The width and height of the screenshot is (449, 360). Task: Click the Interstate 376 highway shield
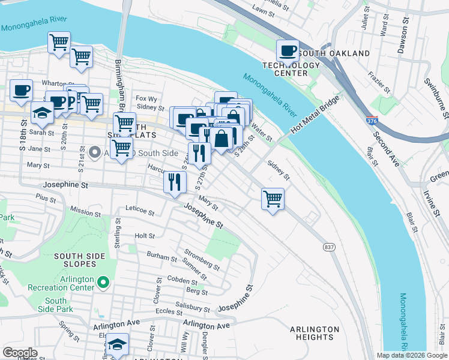372,122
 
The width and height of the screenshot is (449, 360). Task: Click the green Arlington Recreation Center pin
103,281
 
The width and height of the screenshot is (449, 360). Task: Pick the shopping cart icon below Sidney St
273,199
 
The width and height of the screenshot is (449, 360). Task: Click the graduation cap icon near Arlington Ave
117,344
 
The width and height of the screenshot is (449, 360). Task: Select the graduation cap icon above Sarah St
42,112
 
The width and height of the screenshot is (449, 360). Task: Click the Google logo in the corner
20,353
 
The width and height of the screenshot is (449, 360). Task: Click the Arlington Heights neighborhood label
314,333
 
